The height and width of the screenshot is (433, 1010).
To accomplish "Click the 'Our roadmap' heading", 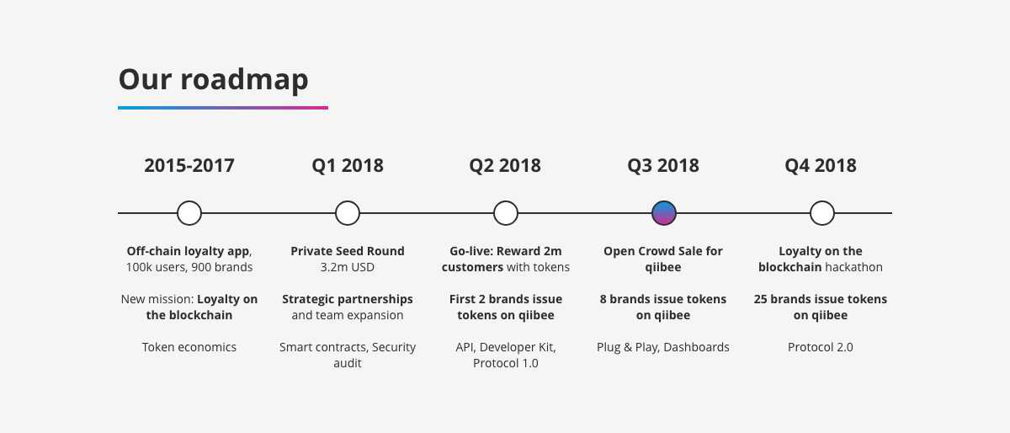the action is coord(213,79).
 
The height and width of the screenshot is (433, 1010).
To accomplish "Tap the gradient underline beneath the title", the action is coord(223,108).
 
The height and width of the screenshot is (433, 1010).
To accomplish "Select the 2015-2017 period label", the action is coord(189,165).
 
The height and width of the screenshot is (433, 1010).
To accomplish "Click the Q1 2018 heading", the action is coord(348,165).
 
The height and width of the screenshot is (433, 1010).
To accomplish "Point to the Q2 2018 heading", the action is coord(505,165).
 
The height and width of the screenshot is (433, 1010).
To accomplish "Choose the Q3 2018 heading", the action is coord(663,165).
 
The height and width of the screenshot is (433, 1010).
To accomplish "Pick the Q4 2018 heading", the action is coord(821,165).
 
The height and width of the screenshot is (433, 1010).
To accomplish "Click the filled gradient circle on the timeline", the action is coord(664,213).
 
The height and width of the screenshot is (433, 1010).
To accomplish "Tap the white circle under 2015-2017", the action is coord(189,213).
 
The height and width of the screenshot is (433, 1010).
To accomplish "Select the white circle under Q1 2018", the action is coord(348,213).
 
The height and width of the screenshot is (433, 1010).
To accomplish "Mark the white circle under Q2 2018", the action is coord(506,213).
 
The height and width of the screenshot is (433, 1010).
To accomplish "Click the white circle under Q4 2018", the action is coord(822,213).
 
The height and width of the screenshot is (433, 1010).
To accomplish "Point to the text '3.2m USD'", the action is coord(347,267).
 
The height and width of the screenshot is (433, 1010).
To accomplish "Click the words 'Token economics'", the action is coord(189,347).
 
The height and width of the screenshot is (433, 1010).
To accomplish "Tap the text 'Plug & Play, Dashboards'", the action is coord(663,347).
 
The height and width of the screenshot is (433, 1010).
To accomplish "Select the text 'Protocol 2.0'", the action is coord(821,347).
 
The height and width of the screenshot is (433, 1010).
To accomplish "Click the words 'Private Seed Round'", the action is coord(347,251).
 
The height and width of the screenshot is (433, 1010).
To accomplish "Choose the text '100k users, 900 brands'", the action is coord(189,267).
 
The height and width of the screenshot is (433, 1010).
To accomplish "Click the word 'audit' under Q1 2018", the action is coord(348,363).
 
